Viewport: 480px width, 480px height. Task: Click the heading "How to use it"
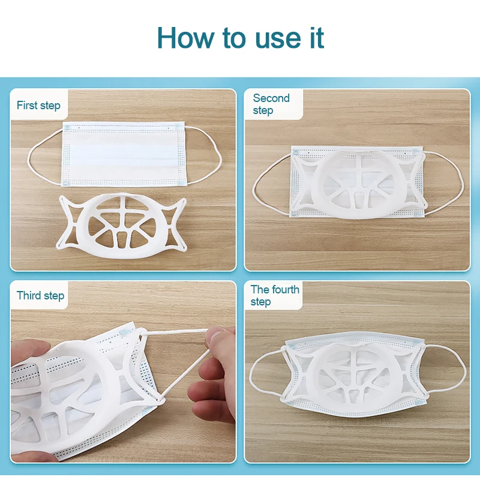[x=241, y=38]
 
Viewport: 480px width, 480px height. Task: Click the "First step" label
[x=38, y=106]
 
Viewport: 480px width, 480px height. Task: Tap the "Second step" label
[x=271, y=104]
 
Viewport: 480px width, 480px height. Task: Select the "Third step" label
[x=40, y=295]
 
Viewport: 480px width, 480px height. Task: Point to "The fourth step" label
[x=275, y=295]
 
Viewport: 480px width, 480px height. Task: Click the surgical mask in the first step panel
[x=124, y=154]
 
